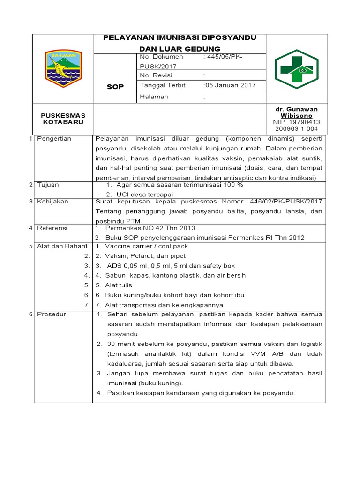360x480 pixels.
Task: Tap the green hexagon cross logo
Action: (x=296, y=69)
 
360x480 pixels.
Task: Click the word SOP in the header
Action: (x=115, y=87)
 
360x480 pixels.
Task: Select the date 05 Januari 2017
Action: (x=223, y=85)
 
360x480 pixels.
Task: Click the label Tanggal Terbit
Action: (x=163, y=85)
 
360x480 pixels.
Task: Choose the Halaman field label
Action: (x=154, y=97)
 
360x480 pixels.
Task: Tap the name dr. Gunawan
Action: (x=296, y=109)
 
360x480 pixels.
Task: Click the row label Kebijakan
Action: (x=52, y=201)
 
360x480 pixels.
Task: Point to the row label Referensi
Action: (x=52, y=228)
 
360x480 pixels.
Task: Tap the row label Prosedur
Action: (x=51, y=314)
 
